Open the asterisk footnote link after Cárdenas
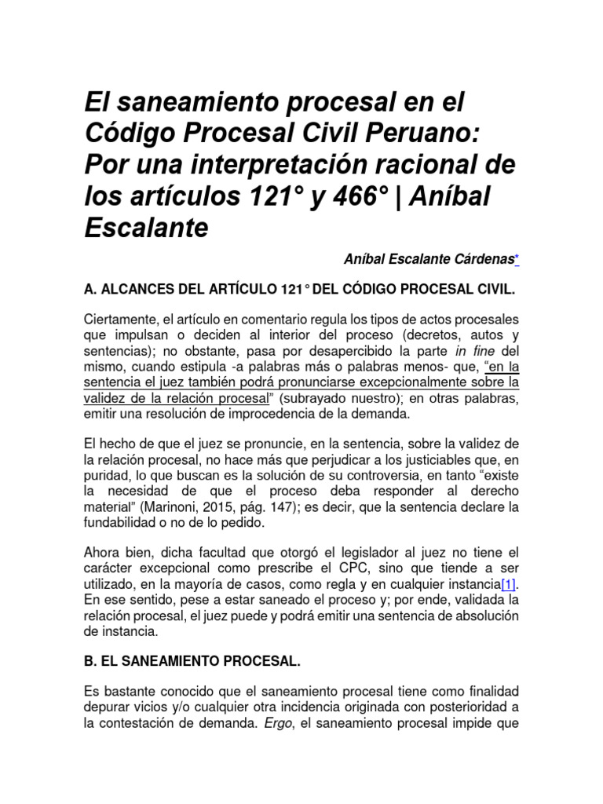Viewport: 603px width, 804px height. pyautogui.click(x=517, y=258)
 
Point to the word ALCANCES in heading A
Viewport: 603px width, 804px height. pyautogui.click(x=137, y=290)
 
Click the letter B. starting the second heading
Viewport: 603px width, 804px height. pyautogui.click(x=90, y=661)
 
